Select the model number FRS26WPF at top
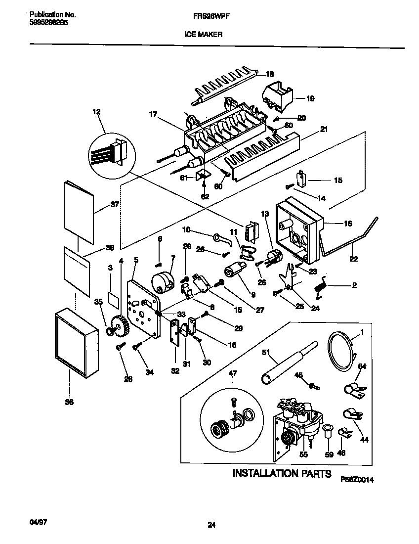coord(210,16)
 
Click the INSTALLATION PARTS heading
coord(282,473)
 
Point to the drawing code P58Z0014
coord(361,479)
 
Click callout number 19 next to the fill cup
coord(310,98)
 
